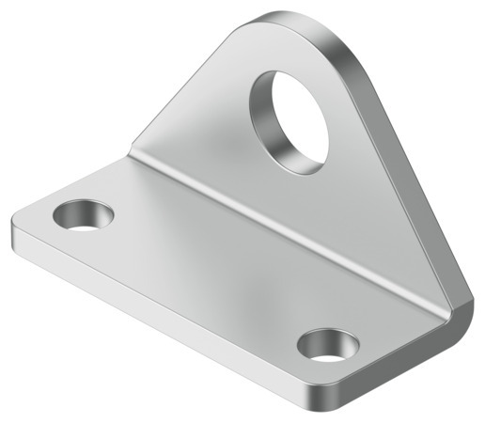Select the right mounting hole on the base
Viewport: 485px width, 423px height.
pyautogui.click(x=328, y=345)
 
